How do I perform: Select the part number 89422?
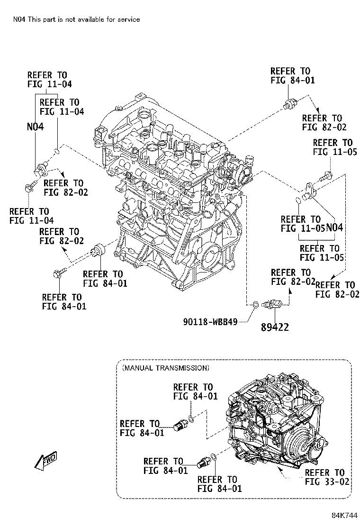pos(274,327)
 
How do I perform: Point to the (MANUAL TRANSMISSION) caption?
pos(165,367)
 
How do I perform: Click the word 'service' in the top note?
pos(128,19)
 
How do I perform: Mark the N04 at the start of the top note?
pos(20,19)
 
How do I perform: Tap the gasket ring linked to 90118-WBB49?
pos(254,305)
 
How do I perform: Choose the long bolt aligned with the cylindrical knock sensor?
pos(59,273)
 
